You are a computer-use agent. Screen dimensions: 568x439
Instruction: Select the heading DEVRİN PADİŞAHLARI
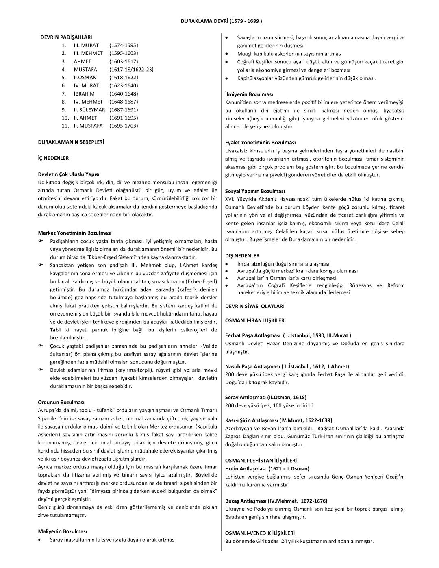point(66,37)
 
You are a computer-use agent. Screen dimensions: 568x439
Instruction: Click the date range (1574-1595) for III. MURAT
point(124,45)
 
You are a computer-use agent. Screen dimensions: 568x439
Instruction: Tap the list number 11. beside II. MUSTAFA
point(65,126)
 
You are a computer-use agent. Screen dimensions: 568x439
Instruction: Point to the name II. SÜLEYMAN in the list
point(89,110)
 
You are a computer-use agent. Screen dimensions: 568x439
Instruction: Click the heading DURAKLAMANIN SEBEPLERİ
point(71,142)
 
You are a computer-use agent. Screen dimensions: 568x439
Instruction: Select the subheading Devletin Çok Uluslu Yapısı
point(68,174)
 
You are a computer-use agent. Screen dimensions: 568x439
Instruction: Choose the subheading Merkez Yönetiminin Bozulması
point(74,233)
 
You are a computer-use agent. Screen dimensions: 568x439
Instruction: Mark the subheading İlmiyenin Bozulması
point(249,94)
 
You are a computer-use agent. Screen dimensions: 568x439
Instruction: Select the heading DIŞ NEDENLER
point(242,256)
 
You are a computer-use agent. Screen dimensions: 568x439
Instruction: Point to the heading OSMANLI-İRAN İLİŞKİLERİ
point(255,320)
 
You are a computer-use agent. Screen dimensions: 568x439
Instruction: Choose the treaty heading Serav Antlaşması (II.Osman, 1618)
point(266,397)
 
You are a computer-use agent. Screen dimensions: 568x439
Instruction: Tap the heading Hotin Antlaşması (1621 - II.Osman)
point(267,468)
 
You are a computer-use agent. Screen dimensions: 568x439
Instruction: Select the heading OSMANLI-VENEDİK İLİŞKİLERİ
point(260,533)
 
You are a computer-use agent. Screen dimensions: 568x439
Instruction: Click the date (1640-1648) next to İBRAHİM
point(124,94)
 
